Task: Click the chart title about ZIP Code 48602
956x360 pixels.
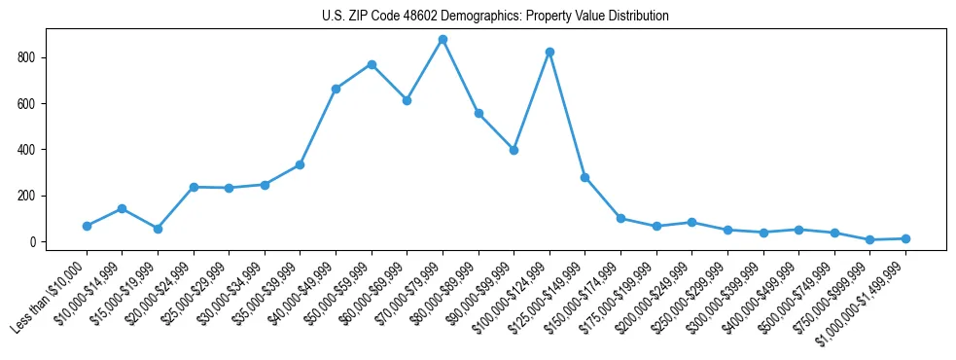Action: pos(495,17)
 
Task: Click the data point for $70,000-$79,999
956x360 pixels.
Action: pos(443,40)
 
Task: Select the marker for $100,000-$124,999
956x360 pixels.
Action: pos(549,52)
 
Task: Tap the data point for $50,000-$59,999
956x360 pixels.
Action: pos(372,64)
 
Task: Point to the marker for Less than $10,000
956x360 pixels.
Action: pos(87,226)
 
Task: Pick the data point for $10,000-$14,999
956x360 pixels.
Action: pos(122,208)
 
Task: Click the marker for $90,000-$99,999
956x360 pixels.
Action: pos(513,150)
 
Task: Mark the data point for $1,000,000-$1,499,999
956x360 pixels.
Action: pos(905,238)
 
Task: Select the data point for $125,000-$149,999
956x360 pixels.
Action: pos(584,177)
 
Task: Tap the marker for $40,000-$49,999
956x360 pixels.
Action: pos(336,89)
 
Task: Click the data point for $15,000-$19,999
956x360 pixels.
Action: pos(158,229)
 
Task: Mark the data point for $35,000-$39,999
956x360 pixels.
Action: pos(300,164)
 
